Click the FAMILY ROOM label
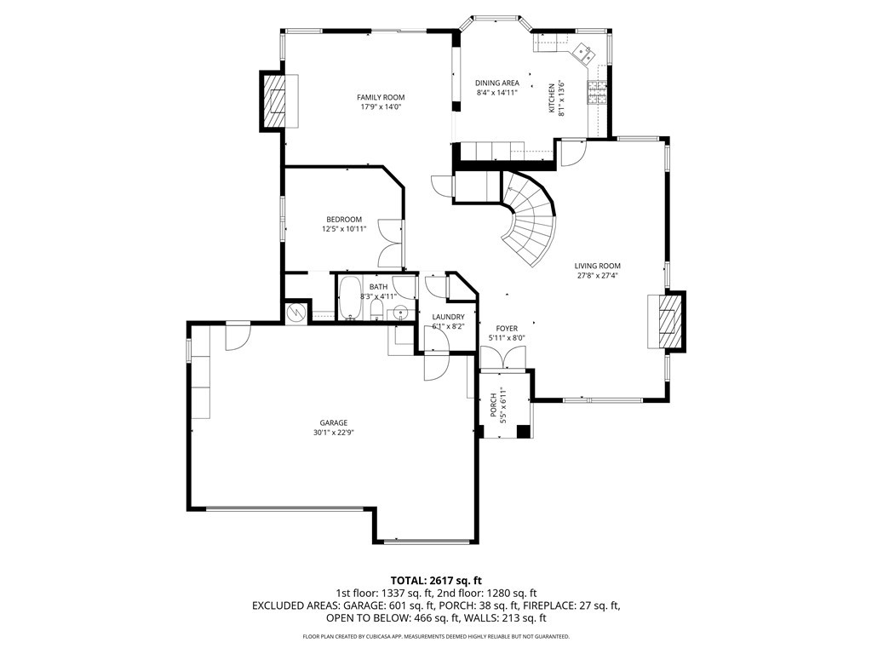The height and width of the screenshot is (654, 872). coord(381,97)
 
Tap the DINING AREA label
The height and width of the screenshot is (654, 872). coord(497,83)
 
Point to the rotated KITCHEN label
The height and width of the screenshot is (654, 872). coord(552,99)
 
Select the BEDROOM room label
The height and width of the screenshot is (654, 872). coord(344,219)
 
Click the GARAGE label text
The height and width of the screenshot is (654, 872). coord(333,422)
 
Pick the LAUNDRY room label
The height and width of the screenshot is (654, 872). coord(448,317)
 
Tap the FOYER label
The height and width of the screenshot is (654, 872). coord(507,329)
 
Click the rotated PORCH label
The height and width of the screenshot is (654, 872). coord(493,405)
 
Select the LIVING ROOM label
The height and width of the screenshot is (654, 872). coord(597,266)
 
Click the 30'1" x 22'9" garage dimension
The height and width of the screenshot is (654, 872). coord(333,433)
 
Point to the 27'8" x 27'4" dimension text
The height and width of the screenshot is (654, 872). coord(597,275)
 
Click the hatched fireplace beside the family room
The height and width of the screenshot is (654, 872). coord(273,101)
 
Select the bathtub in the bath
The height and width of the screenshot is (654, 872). coord(350,298)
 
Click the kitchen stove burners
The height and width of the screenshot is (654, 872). coord(597,93)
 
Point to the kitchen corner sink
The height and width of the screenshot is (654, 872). coord(582,52)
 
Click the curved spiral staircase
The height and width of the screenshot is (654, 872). coord(528,218)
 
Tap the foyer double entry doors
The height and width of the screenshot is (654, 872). coord(502,357)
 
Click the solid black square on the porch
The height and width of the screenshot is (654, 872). coord(524,432)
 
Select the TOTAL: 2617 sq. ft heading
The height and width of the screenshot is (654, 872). coord(435,582)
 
